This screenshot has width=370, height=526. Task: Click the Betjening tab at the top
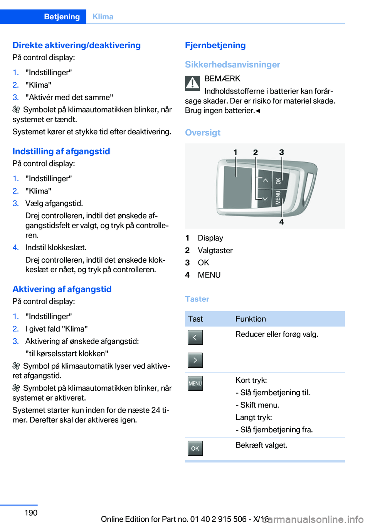62,17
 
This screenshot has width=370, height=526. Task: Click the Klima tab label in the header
103,17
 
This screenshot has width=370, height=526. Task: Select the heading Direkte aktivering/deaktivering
76,45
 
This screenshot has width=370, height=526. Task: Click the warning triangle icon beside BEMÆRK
192,83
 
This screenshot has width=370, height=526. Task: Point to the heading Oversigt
203,132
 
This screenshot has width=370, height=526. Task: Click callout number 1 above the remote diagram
235,153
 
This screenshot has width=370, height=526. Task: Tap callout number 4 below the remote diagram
281,222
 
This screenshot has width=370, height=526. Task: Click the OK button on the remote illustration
278,180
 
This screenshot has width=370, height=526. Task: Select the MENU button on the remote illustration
278,197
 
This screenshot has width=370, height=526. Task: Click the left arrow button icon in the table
195,337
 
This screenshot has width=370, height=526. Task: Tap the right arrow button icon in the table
195,360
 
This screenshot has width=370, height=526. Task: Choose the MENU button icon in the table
195,383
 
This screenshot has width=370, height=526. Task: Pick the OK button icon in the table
195,448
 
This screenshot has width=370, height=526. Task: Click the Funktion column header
251,319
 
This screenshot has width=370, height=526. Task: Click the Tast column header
195,319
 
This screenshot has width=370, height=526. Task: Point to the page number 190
31,512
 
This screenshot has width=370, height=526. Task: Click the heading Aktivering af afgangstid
62,289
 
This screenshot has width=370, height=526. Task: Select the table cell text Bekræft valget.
261,445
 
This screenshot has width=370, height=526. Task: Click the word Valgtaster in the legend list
215,250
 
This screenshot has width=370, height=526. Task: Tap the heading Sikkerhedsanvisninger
232,64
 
